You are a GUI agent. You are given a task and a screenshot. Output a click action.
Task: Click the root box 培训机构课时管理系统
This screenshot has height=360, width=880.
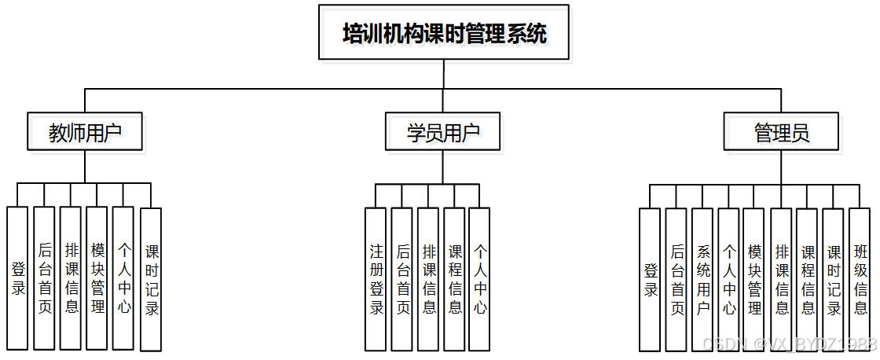click(x=444, y=32)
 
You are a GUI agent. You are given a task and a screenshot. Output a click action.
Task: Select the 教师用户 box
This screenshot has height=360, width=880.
click(x=85, y=132)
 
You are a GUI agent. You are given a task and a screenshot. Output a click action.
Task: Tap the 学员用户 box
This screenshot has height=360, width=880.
click(x=443, y=132)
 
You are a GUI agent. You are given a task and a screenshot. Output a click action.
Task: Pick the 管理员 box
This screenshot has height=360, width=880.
click(x=781, y=132)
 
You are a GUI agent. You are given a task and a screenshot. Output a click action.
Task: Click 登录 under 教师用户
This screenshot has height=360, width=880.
click(x=18, y=278)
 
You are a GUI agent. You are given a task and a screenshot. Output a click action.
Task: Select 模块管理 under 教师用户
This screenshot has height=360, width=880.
click(x=97, y=278)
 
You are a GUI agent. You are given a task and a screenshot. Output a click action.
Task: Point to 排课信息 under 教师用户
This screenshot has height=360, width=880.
click(x=71, y=278)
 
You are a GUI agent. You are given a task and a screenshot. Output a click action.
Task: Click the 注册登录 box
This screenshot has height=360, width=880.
click(x=376, y=278)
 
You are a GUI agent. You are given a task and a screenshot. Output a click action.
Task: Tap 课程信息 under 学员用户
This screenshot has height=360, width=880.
click(x=454, y=278)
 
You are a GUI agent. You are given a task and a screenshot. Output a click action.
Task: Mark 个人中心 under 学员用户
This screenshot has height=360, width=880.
click(x=480, y=278)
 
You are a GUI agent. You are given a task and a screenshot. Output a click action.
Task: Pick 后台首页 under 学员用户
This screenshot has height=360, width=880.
click(x=402, y=278)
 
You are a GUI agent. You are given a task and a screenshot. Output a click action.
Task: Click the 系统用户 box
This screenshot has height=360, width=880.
click(x=702, y=278)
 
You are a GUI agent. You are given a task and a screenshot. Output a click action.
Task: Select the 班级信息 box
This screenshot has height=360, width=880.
click(x=860, y=278)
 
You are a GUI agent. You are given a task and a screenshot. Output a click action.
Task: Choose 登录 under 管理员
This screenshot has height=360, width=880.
click(x=650, y=278)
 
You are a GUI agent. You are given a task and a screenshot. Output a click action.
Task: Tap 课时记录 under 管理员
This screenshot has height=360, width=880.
click(x=834, y=278)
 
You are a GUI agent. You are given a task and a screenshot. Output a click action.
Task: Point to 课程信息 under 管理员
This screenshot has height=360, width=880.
click(x=808, y=278)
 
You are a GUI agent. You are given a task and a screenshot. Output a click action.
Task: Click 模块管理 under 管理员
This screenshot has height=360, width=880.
click(x=754, y=278)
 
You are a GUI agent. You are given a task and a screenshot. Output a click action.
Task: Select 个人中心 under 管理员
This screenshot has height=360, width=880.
click(x=728, y=278)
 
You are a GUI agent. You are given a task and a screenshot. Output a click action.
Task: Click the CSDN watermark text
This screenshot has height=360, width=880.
click(x=789, y=344)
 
